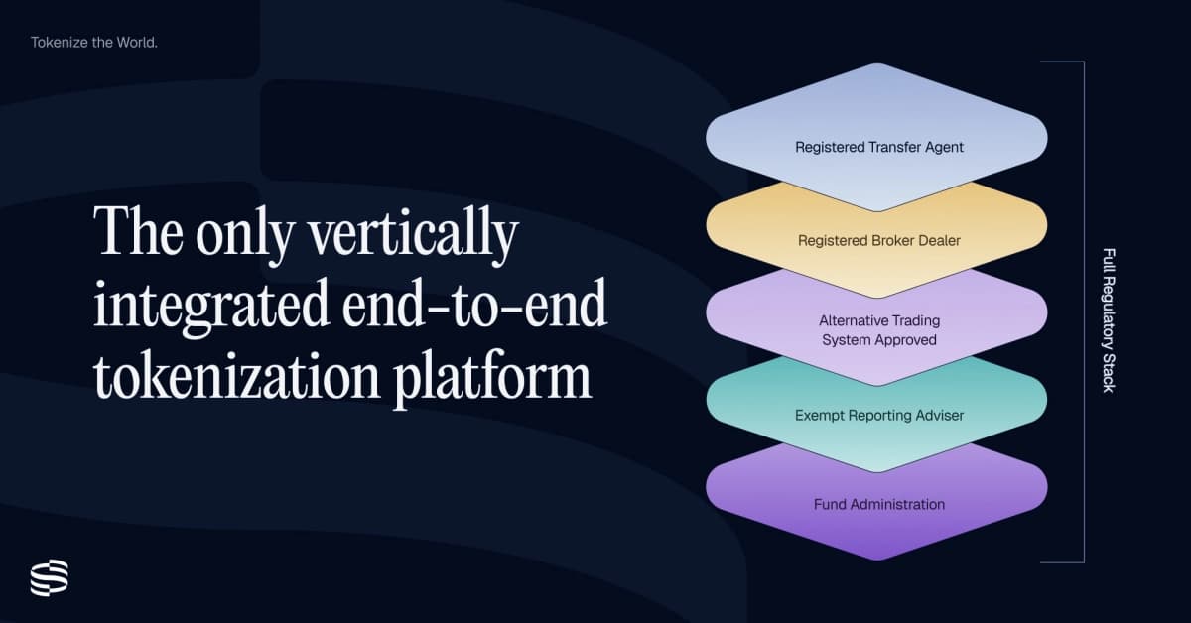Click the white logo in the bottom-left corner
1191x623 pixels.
click(x=49, y=577)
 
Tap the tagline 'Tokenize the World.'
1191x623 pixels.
click(x=94, y=43)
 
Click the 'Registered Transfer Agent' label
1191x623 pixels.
click(x=879, y=147)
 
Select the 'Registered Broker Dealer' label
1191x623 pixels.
click(x=879, y=240)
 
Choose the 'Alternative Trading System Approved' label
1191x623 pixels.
click(x=879, y=330)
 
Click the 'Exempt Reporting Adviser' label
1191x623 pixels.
click(x=879, y=415)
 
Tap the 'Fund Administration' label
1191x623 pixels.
click(x=879, y=504)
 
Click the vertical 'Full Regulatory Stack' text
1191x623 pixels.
click(x=1109, y=319)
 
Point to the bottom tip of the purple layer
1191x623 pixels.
click(x=877, y=560)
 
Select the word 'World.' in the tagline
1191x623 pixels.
click(x=136, y=43)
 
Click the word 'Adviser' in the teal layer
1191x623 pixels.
click(x=938, y=415)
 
